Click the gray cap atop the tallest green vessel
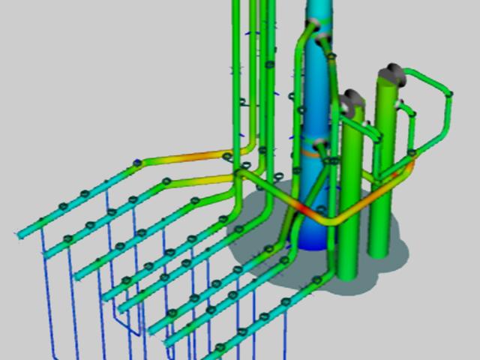[x=390, y=73]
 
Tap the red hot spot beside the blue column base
[x=298, y=209]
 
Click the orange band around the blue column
[x=310, y=154]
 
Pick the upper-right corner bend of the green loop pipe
[x=449, y=94]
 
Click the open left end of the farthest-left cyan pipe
[x=18, y=235]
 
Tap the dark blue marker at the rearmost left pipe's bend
[x=137, y=162]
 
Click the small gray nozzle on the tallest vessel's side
[x=402, y=103]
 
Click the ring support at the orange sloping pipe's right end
[x=228, y=156]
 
